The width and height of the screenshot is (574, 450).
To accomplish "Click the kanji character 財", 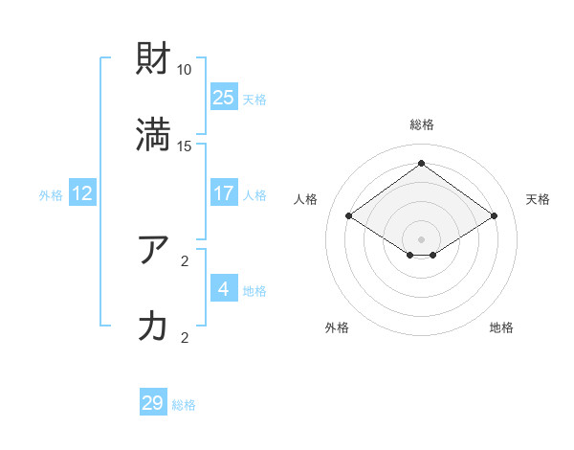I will (x=154, y=60).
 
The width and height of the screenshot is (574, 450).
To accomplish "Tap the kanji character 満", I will (x=154, y=136).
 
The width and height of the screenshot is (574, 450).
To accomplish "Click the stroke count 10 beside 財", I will (x=185, y=70).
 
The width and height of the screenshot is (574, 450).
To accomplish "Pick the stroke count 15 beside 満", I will (x=185, y=146).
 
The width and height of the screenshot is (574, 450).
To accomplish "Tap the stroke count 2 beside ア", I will (x=185, y=259).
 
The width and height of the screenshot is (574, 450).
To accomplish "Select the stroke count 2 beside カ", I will (x=185, y=336).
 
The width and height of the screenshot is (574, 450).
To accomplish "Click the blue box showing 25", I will (x=224, y=97).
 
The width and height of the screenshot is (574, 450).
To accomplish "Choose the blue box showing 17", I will (x=224, y=193).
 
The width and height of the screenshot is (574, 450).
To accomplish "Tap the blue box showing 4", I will (x=224, y=288).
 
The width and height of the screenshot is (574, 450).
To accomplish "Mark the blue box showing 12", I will (x=82, y=193).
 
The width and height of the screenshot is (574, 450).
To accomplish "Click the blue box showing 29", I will (x=153, y=403).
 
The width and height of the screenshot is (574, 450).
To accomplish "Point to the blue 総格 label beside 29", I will (x=184, y=405).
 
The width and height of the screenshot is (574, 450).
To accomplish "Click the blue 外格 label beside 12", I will (x=51, y=195).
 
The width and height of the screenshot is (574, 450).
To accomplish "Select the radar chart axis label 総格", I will (x=422, y=124).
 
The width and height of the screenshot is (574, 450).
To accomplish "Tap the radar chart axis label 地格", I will (x=501, y=327).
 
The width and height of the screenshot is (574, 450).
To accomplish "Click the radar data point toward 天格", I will (x=495, y=216).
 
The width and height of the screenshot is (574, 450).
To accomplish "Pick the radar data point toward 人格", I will (x=349, y=216).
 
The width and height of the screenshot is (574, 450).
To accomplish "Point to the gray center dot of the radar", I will (x=422, y=238).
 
